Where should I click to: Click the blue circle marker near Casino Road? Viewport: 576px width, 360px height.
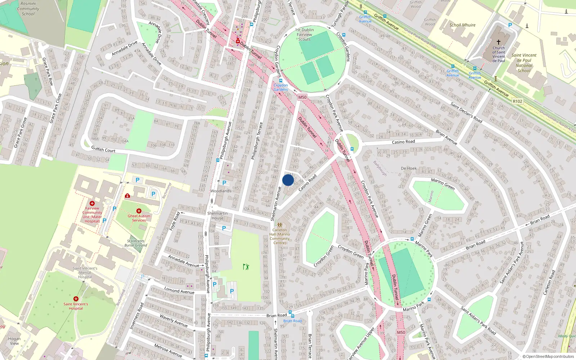click(x=288, y=180)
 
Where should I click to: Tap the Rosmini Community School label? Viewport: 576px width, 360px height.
click(x=28, y=9)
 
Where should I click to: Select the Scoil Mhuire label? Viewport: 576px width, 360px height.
click(x=462, y=25)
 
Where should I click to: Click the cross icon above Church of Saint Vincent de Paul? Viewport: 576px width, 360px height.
click(x=499, y=42)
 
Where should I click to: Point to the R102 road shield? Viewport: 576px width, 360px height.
click(x=517, y=102)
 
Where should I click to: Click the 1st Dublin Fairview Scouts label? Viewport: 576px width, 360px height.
click(x=305, y=35)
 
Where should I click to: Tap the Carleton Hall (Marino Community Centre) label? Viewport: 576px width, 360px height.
click(x=280, y=236)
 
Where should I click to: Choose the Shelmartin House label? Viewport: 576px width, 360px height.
click(x=217, y=216)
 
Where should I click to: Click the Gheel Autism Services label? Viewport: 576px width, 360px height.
click(x=139, y=218)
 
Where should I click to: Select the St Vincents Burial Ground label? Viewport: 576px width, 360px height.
click(x=136, y=243)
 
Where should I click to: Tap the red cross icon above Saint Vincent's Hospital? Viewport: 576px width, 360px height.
click(x=76, y=299)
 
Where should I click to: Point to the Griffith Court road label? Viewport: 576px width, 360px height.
click(x=103, y=149)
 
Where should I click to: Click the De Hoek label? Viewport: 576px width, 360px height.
click(x=409, y=168)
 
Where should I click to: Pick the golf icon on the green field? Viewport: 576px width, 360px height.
click(x=246, y=267)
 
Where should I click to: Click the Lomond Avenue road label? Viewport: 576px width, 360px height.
click(x=179, y=290)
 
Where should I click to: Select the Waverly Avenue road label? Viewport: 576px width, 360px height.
click(x=174, y=320)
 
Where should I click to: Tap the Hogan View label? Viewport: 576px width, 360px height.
click(x=14, y=341)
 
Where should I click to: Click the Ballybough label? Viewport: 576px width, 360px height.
click(x=380, y=168)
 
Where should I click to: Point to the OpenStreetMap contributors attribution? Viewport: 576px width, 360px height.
click(x=548, y=357)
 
